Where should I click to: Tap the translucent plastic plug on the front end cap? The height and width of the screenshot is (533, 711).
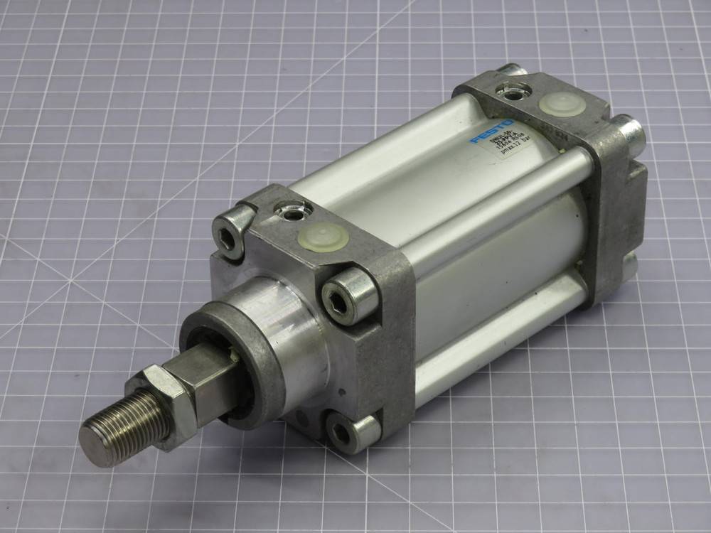click(x=324, y=237)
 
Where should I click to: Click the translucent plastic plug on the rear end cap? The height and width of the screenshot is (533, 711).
click(x=562, y=104)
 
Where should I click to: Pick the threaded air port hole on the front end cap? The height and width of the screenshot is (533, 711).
click(x=294, y=210)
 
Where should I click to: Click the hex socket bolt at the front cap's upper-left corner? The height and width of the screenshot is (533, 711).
click(x=230, y=239)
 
